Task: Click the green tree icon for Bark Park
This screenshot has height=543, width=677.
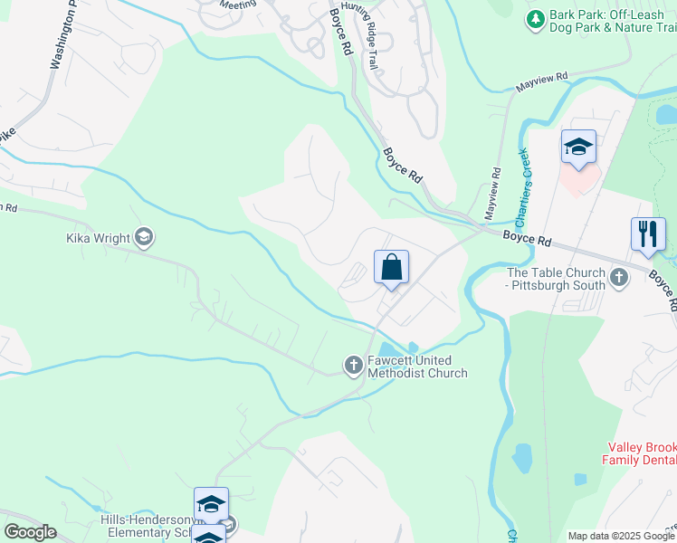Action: coord(536,18)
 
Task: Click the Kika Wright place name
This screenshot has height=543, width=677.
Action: coord(97,239)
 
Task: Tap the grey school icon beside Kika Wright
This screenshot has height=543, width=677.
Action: coord(143,238)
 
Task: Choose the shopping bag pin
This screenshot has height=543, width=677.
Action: coord(391,267)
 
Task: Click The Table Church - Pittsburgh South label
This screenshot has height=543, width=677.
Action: coord(556,278)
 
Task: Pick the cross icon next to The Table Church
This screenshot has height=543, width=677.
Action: coord(619,277)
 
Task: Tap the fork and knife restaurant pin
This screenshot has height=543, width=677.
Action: coord(648,233)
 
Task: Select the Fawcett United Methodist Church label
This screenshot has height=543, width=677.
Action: coord(417,366)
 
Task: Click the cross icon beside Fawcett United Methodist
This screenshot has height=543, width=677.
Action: coord(353,365)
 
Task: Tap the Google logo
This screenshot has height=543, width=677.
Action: coord(30,532)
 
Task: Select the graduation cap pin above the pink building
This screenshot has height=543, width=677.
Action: coord(578,147)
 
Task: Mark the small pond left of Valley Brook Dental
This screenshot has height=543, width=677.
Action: coord(522,459)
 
